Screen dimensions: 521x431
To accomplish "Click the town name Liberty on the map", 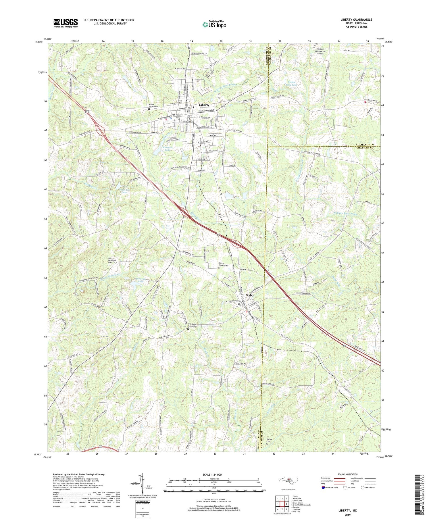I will (x=204, y=105).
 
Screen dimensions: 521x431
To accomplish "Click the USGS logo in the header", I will (x=66, y=23).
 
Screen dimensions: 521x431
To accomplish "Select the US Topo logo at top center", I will (x=214, y=24).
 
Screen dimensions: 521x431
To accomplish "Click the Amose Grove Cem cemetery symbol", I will (x=149, y=109).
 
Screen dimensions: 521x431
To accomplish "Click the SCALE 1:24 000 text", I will (x=213, y=474).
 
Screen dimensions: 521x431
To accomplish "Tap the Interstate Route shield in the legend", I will (x=323, y=488).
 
